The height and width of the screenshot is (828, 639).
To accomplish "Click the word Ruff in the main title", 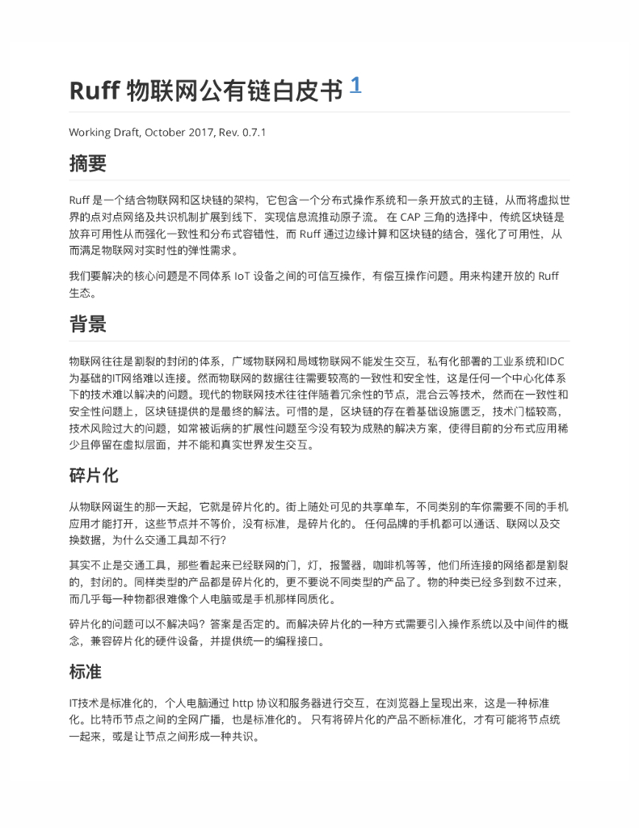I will [95, 91].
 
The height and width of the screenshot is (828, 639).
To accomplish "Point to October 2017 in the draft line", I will [179, 132].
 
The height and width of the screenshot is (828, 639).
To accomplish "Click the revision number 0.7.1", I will [254, 132].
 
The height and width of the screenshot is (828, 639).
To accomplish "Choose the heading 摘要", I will [87, 164].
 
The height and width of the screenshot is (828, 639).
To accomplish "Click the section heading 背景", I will [87, 325].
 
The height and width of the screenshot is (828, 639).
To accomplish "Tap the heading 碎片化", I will [94, 475].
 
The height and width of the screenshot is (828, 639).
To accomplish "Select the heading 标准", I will [86, 672].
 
